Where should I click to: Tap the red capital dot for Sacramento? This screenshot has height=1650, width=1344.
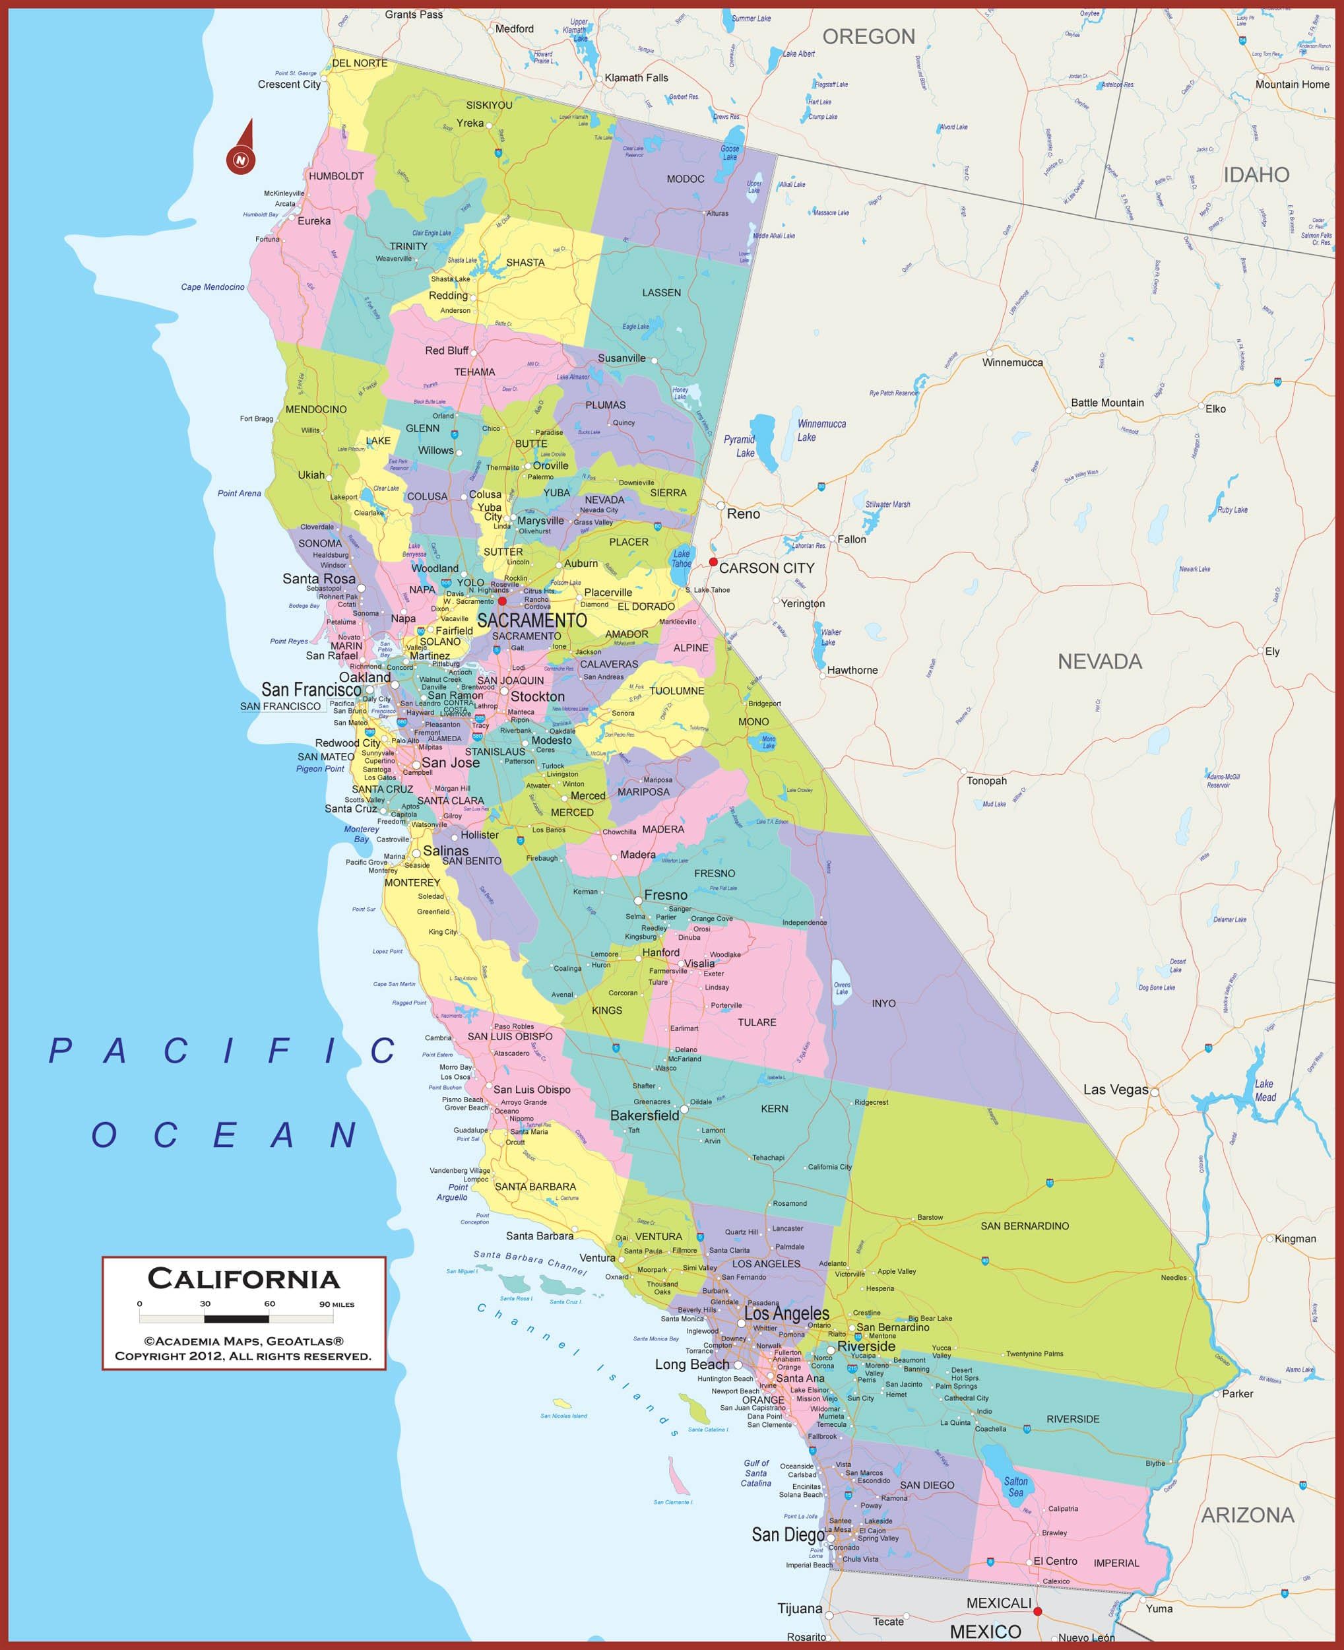pyautogui.click(x=501, y=601)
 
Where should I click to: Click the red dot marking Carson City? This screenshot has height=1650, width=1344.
pyautogui.click(x=713, y=562)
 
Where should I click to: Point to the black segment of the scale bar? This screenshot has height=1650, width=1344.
pyautogui.click(x=236, y=1319)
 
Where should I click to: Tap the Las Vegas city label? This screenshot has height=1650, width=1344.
pyautogui.click(x=1115, y=1090)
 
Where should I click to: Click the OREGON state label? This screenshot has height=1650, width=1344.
pyautogui.click(x=868, y=36)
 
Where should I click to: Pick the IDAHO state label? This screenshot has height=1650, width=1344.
pyautogui.click(x=1256, y=175)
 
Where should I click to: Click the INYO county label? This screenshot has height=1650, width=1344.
pyautogui.click(x=883, y=1003)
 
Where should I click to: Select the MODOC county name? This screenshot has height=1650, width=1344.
pyautogui.click(x=685, y=179)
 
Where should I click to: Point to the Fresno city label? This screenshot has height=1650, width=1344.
pyautogui.click(x=665, y=895)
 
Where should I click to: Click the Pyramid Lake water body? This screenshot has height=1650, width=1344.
pyautogui.click(x=764, y=444)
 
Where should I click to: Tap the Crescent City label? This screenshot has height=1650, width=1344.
pyautogui.click(x=289, y=84)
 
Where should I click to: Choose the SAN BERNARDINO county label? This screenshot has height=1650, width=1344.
pyautogui.click(x=1024, y=1226)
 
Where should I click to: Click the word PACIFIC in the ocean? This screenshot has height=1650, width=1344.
pyautogui.click(x=223, y=1051)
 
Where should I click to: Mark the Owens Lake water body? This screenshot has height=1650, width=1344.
pyautogui.click(x=841, y=983)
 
